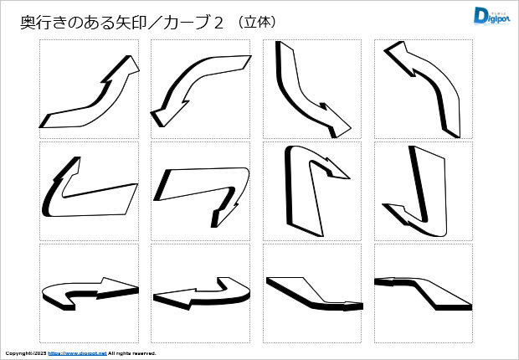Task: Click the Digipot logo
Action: tap(491, 16)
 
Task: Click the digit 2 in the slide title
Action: tap(218, 23)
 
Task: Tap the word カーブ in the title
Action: tap(187, 23)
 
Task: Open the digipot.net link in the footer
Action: tap(78, 353)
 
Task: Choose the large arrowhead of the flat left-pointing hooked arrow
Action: tap(175, 298)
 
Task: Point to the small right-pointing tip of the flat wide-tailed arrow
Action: tap(353, 306)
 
